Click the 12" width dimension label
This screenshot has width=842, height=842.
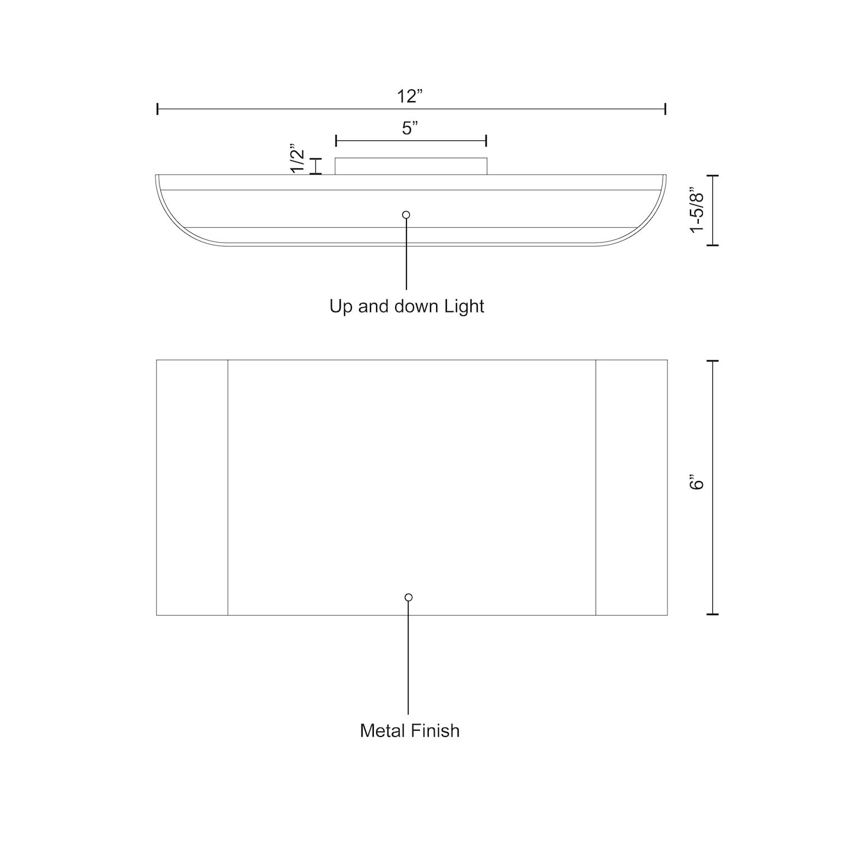[x=410, y=97]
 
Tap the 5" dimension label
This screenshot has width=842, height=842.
[x=410, y=129]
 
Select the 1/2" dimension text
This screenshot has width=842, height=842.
[x=298, y=161]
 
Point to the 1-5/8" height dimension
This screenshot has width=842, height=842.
[x=697, y=210]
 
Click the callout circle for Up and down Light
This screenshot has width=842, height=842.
[x=406, y=214]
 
